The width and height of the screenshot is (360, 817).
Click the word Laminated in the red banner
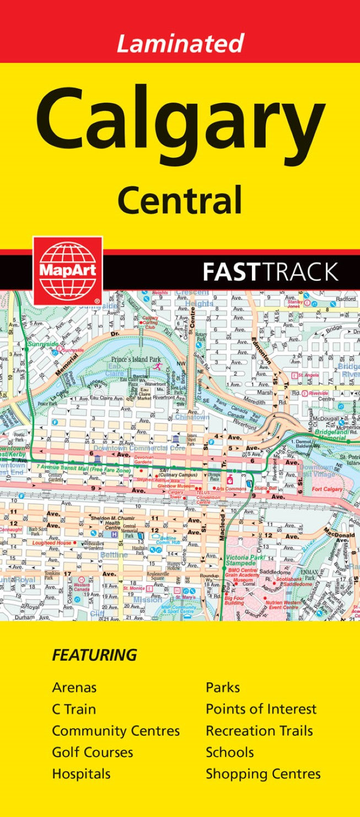click(180, 42)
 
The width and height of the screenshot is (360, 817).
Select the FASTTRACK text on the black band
click(270, 272)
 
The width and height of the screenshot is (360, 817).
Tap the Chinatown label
click(192, 417)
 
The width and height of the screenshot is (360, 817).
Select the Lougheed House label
click(52, 542)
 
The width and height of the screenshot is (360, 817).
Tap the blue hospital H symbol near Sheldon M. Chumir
click(114, 534)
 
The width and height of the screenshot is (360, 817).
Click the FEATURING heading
click(94, 655)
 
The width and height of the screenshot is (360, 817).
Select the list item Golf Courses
click(92, 752)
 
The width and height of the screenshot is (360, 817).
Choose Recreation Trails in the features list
click(259, 730)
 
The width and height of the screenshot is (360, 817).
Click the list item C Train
click(74, 709)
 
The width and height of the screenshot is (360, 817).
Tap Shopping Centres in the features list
click(263, 773)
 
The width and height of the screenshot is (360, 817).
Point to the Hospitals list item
click(81, 773)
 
